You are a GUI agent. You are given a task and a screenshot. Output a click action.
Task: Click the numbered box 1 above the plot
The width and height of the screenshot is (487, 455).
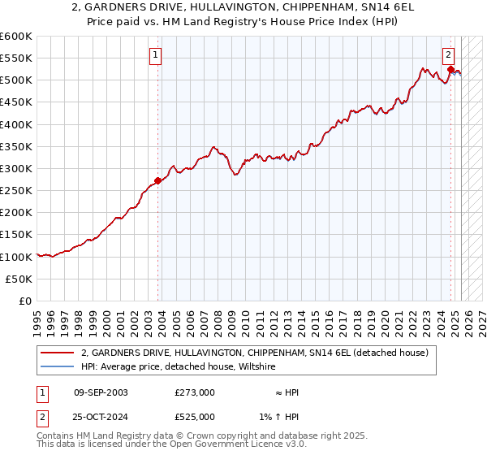pyautogui.click(x=155, y=56)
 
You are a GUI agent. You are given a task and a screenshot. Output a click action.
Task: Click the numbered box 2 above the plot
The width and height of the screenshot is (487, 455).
pyautogui.click(x=447, y=56)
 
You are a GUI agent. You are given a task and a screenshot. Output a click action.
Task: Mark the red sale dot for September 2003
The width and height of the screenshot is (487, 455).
pyautogui.click(x=157, y=180)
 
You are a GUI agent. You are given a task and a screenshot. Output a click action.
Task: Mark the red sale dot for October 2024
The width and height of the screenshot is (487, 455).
pyautogui.click(x=450, y=70)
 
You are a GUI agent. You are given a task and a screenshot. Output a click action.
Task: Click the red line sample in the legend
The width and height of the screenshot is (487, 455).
pyautogui.click(x=57, y=353)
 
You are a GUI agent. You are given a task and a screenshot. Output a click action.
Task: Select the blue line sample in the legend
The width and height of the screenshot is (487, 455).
pyautogui.click(x=57, y=367)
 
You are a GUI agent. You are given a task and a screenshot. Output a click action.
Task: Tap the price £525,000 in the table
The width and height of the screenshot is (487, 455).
pyautogui.click(x=195, y=417)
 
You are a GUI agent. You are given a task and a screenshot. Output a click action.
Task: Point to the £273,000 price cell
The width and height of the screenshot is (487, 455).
pyautogui.click(x=195, y=392)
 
